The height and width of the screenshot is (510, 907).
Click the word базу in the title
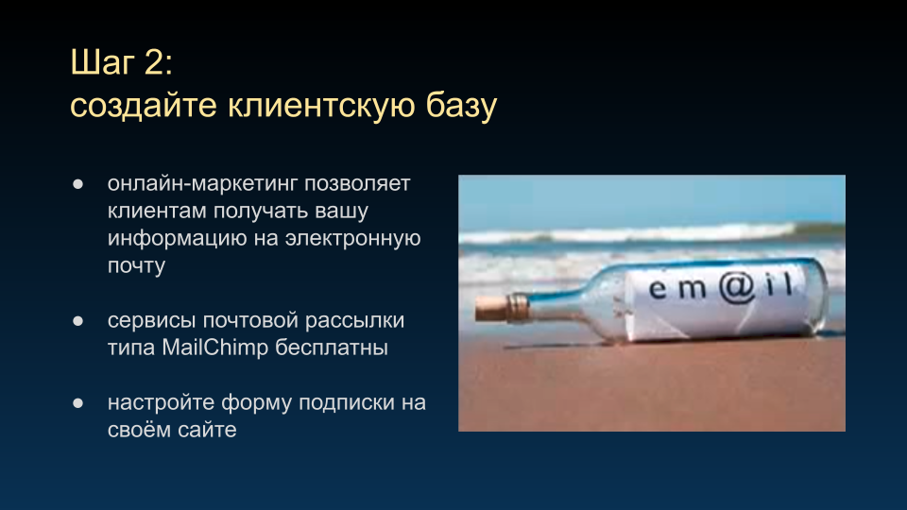click(x=461, y=106)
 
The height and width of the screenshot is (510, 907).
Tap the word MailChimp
click(x=215, y=348)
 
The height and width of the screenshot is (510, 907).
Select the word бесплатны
click(x=332, y=348)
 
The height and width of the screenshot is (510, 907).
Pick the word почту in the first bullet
click(x=136, y=265)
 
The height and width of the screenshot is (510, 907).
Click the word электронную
click(x=352, y=238)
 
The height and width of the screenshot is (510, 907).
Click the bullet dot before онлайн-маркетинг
click(x=78, y=184)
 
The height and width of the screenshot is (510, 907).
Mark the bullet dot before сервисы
click(x=78, y=321)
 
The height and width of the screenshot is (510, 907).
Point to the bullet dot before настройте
click(x=78, y=403)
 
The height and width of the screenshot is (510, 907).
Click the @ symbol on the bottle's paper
click(x=737, y=287)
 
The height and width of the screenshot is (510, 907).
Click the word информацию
click(x=178, y=238)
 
